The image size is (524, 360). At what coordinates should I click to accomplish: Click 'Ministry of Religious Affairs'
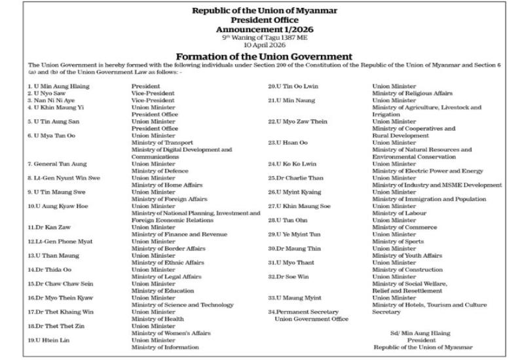[412, 93]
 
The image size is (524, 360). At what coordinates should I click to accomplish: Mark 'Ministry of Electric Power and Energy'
[428, 171]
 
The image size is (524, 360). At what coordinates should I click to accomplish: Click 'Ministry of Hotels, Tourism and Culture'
[429, 304]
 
